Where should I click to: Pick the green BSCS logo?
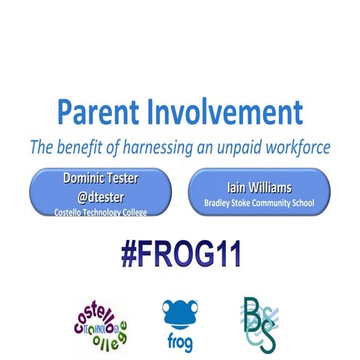tap(259, 322)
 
